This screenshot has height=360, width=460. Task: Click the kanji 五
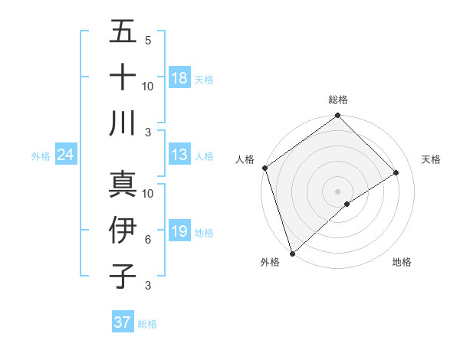point(123,32)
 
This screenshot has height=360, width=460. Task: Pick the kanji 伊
point(123,231)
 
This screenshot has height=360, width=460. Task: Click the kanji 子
point(123,276)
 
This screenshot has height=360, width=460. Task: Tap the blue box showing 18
point(179,78)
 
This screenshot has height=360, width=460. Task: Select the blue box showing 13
point(179,155)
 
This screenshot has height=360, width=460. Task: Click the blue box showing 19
point(179,231)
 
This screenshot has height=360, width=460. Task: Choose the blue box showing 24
point(65,155)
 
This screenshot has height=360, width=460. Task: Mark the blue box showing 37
point(122,322)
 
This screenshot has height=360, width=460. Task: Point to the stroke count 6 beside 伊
point(148,241)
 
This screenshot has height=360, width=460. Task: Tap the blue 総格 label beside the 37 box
point(147,324)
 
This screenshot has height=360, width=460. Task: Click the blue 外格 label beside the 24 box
point(41,156)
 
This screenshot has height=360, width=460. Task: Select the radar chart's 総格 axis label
point(338,100)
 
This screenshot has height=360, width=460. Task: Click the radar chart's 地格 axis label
point(402,263)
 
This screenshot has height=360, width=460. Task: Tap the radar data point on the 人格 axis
point(264,168)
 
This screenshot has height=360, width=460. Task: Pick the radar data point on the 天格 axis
point(396,172)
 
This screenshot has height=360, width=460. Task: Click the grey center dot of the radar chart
point(337,191)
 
